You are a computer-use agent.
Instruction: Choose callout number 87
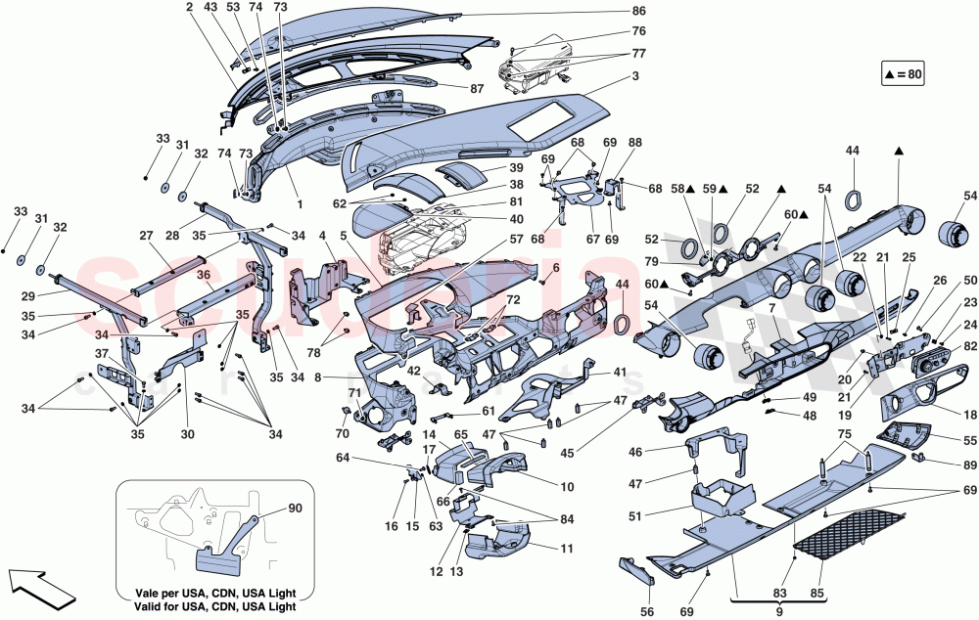(478, 88)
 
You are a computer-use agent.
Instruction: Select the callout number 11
(567, 549)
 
